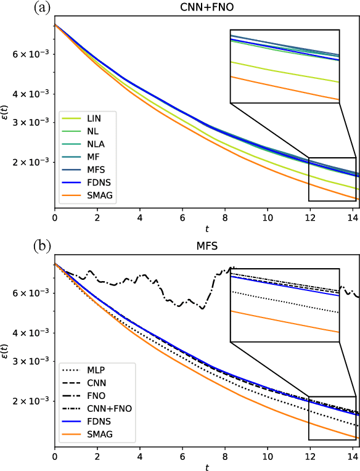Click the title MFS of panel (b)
[206, 246]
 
